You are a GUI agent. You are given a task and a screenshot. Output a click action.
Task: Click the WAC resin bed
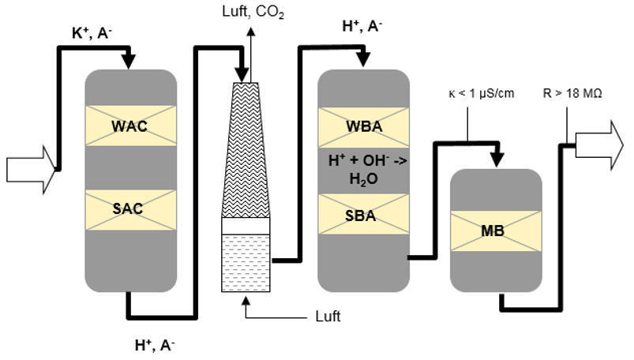pos(130,126)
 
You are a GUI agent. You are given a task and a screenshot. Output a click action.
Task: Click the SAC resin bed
pos(130,209)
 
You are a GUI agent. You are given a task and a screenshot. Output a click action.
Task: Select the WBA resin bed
pos(363,126)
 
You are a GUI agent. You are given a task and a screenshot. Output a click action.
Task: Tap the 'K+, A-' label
pos(92,33)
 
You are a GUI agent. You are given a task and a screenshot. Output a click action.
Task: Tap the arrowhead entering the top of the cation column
pos(130,62)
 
